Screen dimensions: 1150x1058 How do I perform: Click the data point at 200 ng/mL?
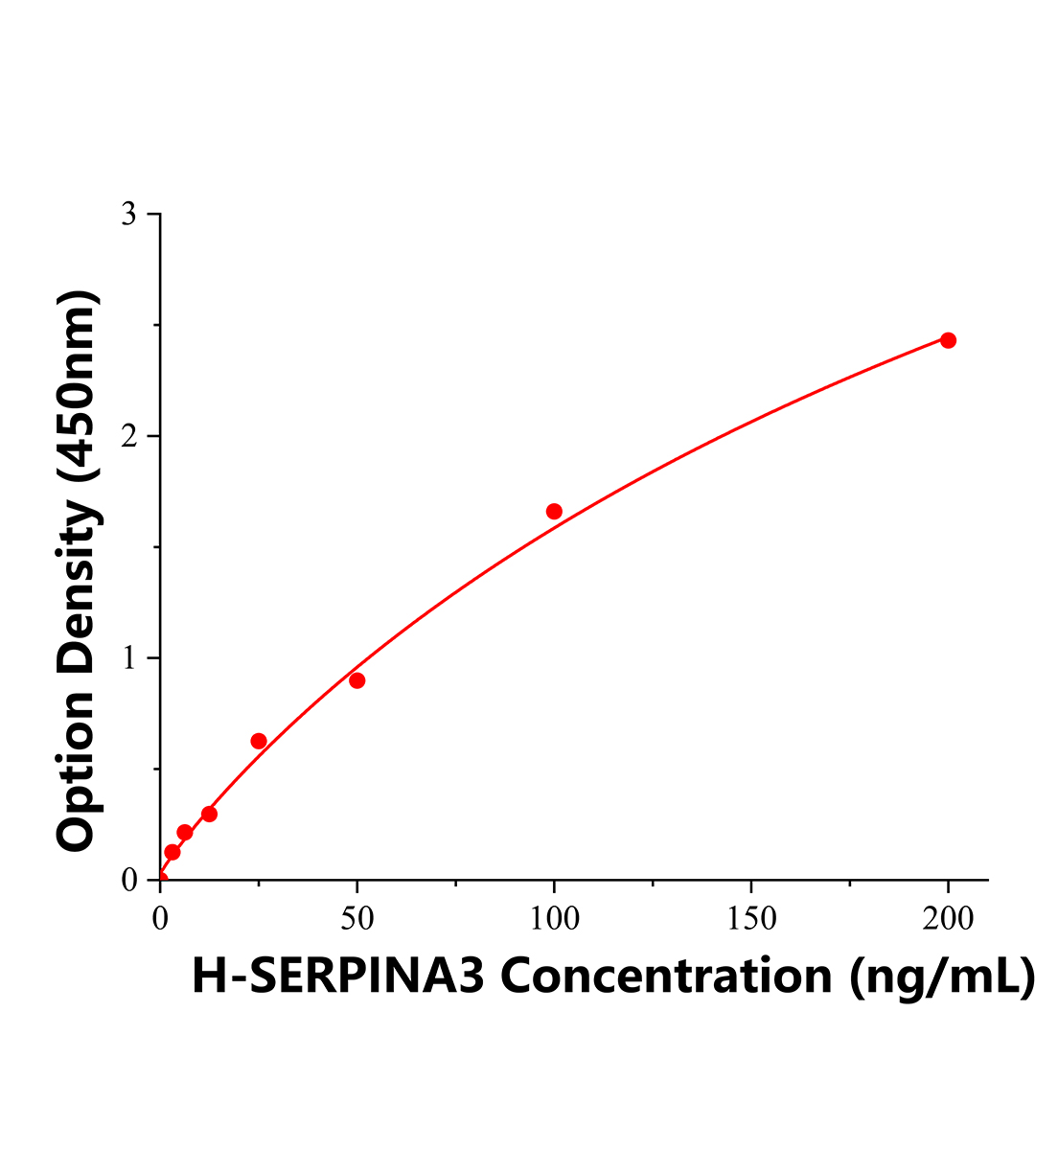948,340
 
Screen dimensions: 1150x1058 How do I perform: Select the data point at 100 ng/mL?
554,512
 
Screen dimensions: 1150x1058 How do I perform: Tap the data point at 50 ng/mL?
357,680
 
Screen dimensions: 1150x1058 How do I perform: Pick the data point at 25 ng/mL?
259,741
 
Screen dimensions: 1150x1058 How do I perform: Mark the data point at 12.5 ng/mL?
209,814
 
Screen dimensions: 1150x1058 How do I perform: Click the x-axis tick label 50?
357,918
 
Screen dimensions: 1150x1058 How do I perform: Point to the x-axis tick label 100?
554,918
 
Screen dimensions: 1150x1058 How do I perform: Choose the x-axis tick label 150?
750,918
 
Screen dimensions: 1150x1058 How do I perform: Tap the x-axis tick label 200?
948,918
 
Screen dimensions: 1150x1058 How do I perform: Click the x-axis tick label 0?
160,918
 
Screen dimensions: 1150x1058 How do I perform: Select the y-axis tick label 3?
128,215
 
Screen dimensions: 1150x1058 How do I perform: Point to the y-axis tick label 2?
128,436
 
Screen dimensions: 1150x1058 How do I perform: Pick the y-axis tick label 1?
128,658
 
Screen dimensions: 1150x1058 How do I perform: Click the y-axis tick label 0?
128,880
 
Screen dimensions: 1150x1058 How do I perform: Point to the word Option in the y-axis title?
79,778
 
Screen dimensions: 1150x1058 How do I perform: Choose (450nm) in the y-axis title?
79,386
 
